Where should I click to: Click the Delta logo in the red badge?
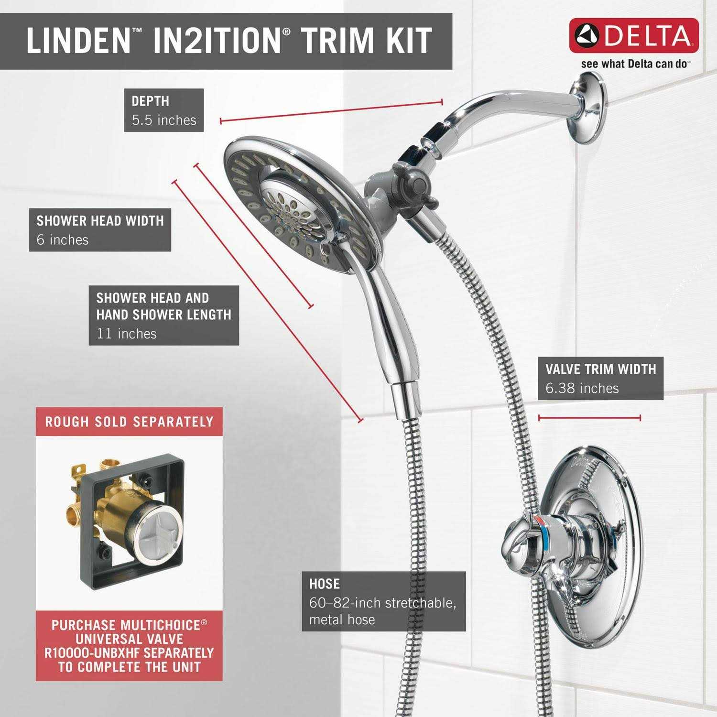(x=634, y=36)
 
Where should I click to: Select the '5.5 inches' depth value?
(x=164, y=120)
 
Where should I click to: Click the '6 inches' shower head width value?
(x=63, y=239)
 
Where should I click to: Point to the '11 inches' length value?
(x=127, y=333)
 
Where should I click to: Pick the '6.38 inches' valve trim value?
(x=582, y=388)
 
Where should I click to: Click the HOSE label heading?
(x=325, y=584)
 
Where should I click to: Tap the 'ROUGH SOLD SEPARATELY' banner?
(x=129, y=422)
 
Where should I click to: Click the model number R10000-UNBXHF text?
(x=129, y=653)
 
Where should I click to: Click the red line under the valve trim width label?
(x=589, y=418)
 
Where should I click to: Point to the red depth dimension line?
(x=331, y=111)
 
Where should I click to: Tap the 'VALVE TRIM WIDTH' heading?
(x=601, y=369)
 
